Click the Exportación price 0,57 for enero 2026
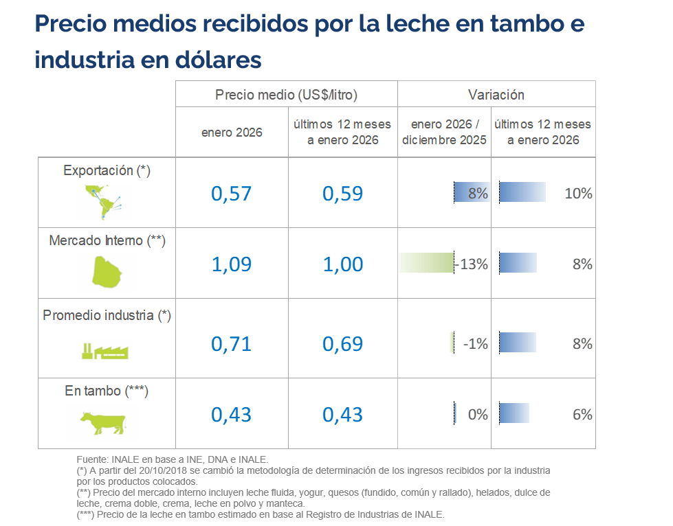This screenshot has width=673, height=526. [x=232, y=194]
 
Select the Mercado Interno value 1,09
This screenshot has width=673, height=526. [x=232, y=264]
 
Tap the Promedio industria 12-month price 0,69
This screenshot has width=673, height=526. [x=343, y=343]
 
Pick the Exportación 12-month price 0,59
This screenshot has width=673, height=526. [x=343, y=194]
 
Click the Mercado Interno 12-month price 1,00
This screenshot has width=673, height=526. [x=343, y=264]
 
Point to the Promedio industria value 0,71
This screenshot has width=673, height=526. [x=232, y=343]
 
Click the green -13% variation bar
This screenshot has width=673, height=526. [x=426, y=264]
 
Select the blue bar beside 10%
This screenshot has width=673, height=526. [x=522, y=192]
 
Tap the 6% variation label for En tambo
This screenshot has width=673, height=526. [x=582, y=415]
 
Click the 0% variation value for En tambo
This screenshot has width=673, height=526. [x=477, y=415]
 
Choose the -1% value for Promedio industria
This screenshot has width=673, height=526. [x=475, y=343]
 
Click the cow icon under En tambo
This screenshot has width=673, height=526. [x=103, y=421]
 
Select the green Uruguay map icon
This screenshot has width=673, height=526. [x=109, y=271]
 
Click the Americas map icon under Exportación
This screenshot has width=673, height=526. [x=102, y=201]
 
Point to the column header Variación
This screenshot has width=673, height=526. [x=496, y=95]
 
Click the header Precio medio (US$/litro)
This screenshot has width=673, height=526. [x=286, y=95]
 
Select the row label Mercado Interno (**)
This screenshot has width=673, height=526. [x=107, y=240]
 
